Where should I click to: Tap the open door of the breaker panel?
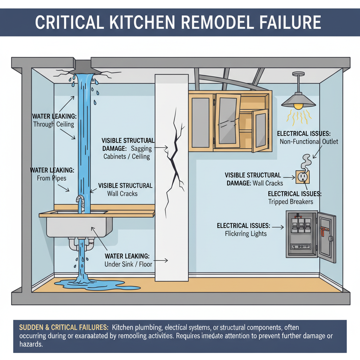(327, 237)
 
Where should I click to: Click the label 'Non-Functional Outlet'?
(309, 142)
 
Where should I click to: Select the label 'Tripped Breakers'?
(290, 202)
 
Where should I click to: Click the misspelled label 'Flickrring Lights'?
(246, 234)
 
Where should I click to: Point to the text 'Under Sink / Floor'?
(128, 264)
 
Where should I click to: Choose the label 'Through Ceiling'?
(53, 124)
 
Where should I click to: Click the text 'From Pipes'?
(51, 178)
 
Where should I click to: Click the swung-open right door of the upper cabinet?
(260, 130)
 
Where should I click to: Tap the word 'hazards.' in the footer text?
(31, 344)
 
